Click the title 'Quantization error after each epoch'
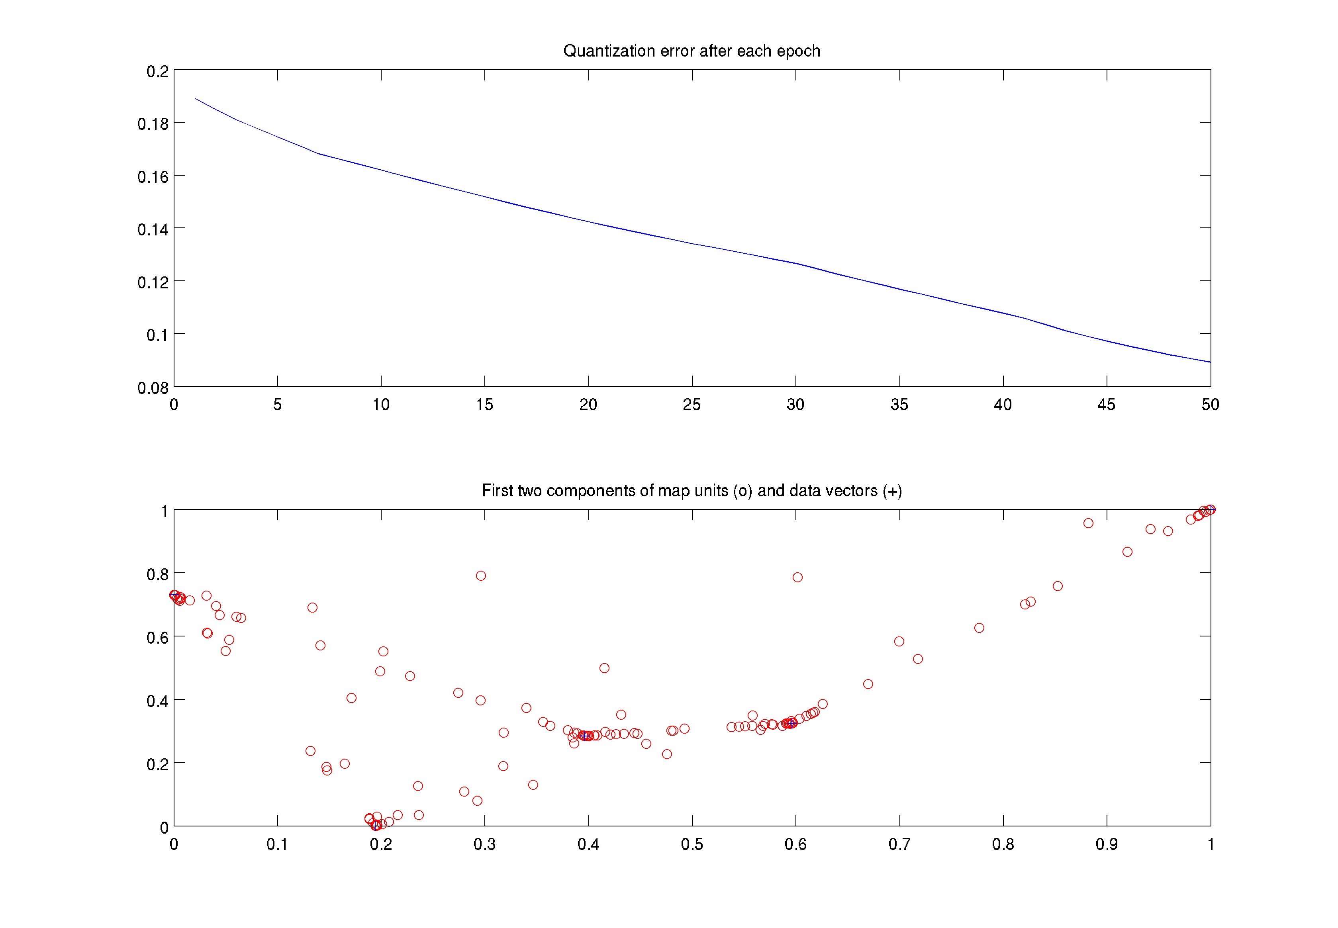click(x=692, y=51)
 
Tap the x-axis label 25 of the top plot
click(x=692, y=405)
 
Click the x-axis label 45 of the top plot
click(x=1106, y=405)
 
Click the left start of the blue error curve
click(x=195, y=99)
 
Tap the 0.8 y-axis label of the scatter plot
click(x=157, y=574)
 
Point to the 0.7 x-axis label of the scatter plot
click(x=899, y=844)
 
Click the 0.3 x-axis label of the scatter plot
click(x=484, y=844)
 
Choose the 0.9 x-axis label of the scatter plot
click(x=1106, y=844)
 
